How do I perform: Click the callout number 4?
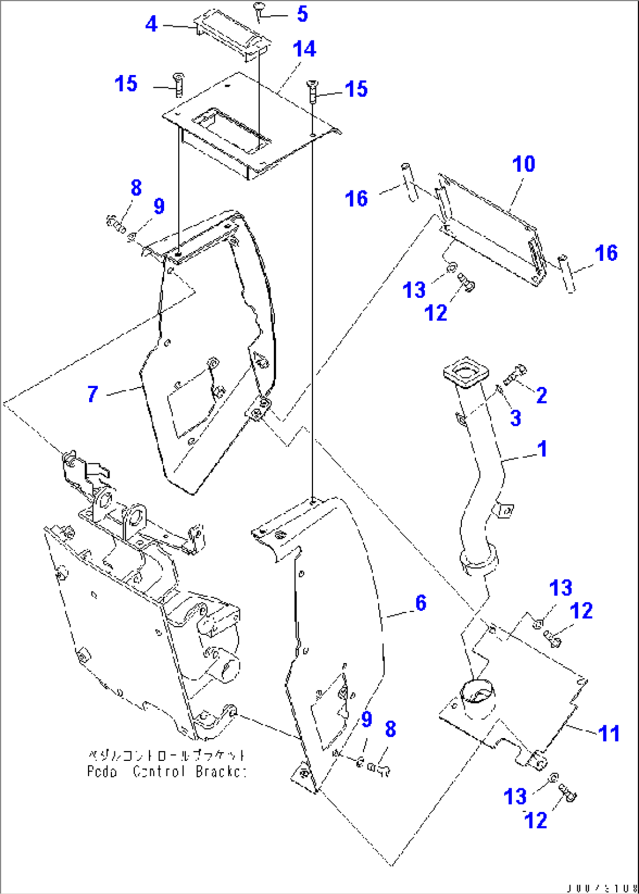coord(151,24)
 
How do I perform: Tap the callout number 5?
coord(302,14)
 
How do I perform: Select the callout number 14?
coord(305,49)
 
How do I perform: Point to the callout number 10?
coord(524,164)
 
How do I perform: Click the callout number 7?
coord(93,394)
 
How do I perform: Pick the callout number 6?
coord(421,603)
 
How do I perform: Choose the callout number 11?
coord(609,733)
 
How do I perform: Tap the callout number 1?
coord(542,449)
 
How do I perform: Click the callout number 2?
coord(542,396)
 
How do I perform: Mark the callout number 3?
coord(515,418)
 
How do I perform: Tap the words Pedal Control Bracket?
coord(166,771)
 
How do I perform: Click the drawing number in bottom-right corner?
coord(601,888)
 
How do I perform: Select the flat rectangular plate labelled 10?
coord(490,226)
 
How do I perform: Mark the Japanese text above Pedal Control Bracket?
coord(166,756)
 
